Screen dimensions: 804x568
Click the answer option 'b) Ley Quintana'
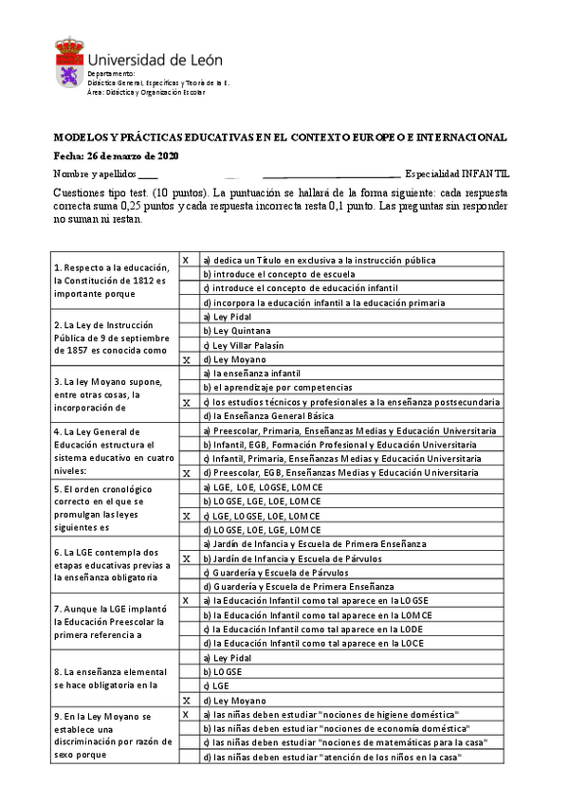(237, 331)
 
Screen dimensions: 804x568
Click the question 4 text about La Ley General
(109, 451)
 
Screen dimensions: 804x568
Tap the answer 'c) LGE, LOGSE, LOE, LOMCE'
(263, 516)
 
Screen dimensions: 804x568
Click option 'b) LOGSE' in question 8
(223, 671)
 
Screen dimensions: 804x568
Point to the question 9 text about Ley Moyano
(112, 735)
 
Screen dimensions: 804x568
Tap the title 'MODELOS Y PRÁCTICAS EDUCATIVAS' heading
(280, 137)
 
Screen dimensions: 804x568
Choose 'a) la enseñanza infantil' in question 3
(252, 374)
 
